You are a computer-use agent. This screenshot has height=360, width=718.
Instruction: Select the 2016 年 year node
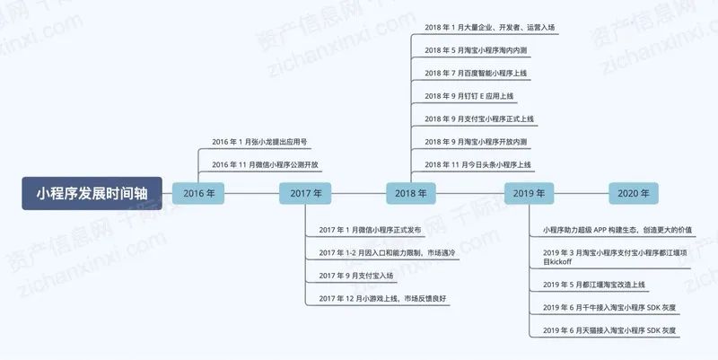point(198,193)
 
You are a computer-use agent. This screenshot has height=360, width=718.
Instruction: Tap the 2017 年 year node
point(305,193)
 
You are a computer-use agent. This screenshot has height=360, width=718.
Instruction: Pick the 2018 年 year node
point(412,193)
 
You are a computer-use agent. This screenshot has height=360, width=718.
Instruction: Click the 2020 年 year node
point(635,193)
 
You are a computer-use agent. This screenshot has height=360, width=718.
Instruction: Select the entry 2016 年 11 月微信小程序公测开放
point(265,164)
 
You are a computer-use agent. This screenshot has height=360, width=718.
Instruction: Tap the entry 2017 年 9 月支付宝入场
point(355,276)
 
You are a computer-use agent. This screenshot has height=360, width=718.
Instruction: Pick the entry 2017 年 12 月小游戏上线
point(381,298)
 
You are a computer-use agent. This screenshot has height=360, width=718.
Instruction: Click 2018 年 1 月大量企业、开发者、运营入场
point(489,27)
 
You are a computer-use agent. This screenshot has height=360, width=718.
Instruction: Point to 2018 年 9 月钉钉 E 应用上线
point(469,95)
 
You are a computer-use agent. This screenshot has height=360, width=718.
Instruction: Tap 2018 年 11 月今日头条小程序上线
point(478,164)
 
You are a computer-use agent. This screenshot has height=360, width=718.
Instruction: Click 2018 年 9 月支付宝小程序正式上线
point(479,119)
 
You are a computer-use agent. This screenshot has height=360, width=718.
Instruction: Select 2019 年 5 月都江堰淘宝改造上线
point(593,285)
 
